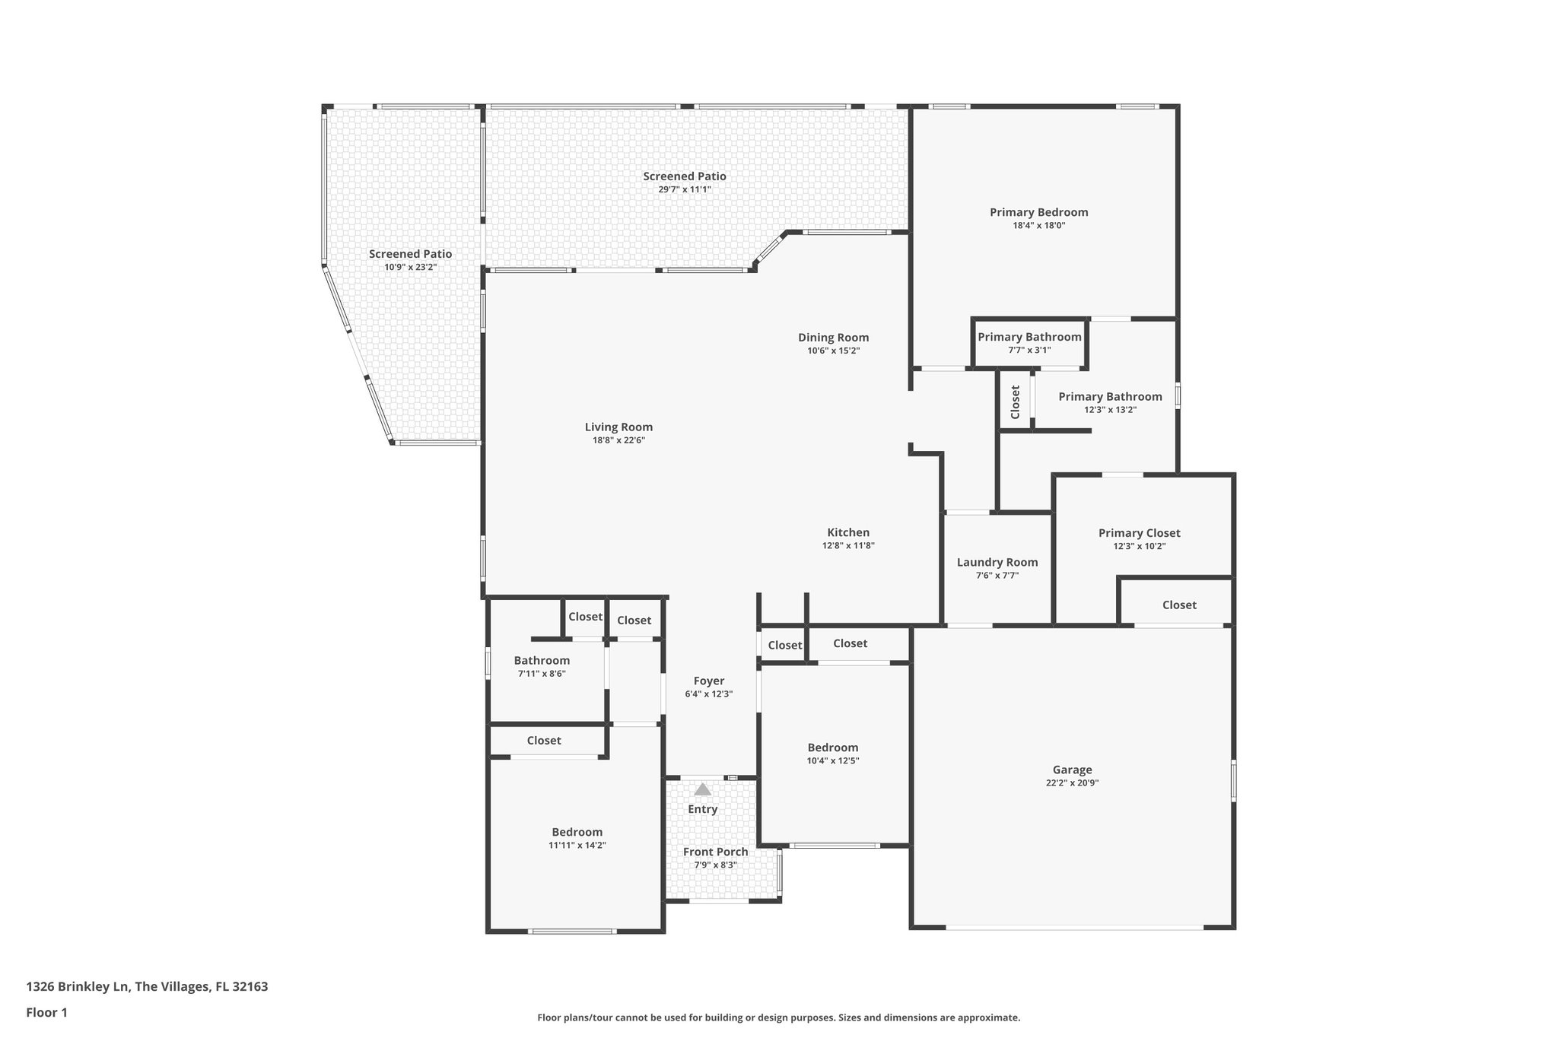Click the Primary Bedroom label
[x=1038, y=212]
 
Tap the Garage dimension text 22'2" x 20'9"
[x=1072, y=782]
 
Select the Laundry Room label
[x=997, y=562]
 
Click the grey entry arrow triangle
[x=702, y=789]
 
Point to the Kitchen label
[x=848, y=532]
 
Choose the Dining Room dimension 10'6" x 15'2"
[x=833, y=351]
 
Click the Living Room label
[x=618, y=427]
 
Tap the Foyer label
[x=708, y=681]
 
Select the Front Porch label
[x=715, y=852]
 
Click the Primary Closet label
[x=1139, y=533]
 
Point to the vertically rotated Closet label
[x=1015, y=402]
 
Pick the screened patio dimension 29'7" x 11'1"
[x=684, y=189]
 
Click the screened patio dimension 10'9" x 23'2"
[x=410, y=267]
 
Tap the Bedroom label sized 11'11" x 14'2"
[x=577, y=832]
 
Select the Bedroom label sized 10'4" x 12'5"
[x=833, y=748]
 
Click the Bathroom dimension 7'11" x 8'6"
[x=542, y=674]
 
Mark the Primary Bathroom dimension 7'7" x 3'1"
[x=1029, y=350]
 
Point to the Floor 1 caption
[x=47, y=1012]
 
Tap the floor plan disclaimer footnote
[x=778, y=1017]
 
